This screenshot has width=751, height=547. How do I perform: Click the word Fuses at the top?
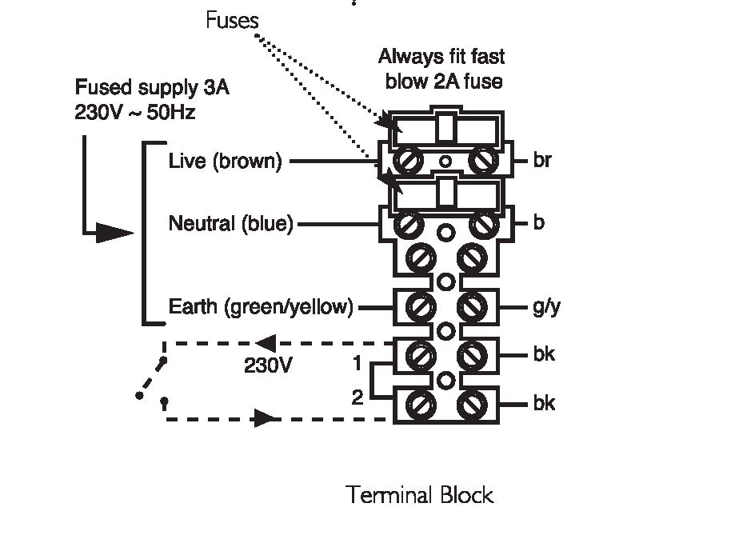click(x=232, y=20)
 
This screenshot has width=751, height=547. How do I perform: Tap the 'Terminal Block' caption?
click(x=420, y=495)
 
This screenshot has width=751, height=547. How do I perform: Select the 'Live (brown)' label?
click(x=225, y=161)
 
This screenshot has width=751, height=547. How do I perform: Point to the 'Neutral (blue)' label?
click(x=231, y=224)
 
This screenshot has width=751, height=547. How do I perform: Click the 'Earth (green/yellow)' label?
click(x=261, y=306)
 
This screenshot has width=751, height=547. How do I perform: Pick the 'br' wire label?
click(x=542, y=160)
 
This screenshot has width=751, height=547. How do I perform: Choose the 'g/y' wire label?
click(x=546, y=307)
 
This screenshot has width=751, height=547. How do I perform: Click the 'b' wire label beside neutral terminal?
click(x=539, y=223)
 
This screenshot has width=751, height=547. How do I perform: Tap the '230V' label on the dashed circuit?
click(x=268, y=365)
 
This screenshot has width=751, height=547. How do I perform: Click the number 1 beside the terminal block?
click(x=357, y=364)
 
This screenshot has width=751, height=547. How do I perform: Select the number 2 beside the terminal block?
click(x=358, y=397)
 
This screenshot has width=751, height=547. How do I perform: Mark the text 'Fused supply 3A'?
click(x=152, y=88)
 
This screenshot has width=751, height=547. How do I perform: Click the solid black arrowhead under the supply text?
click(x=115, y=233)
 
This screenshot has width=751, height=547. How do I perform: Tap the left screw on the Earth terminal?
click(x=421, y=306)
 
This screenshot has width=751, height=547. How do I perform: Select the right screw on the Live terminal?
click(x=483, y=160)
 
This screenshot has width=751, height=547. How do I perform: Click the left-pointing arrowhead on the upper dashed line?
click(x=266, y=343)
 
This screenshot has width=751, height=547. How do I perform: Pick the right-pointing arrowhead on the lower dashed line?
click(x=265, y=418)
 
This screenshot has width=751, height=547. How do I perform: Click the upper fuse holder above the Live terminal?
click(x=446, y=127)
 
